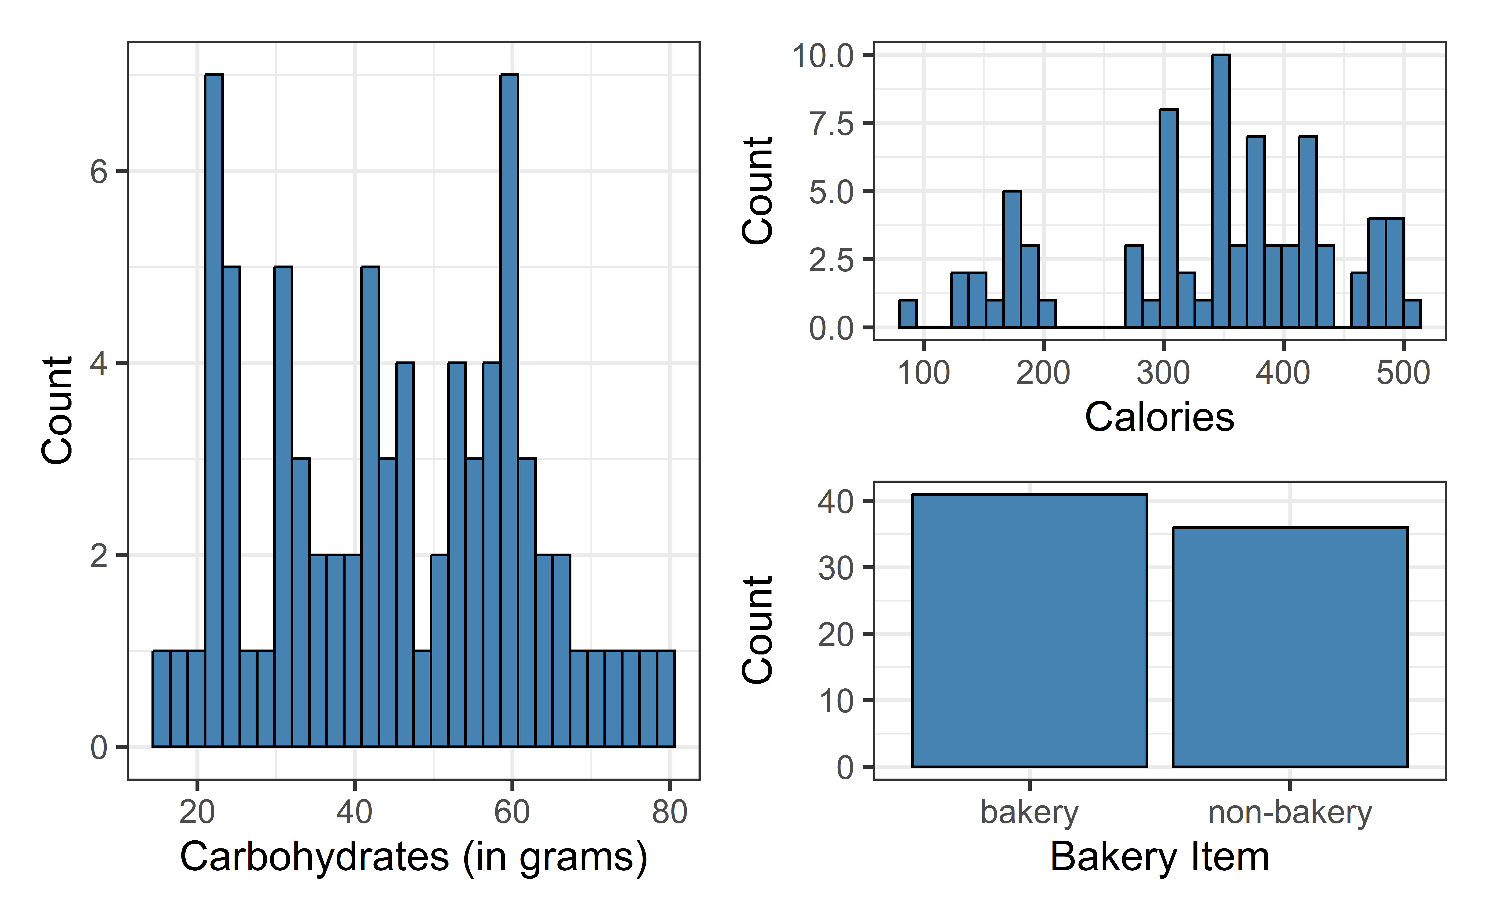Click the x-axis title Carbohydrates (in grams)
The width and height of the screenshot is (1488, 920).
(414, 857)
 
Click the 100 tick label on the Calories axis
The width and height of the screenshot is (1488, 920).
(923, 372)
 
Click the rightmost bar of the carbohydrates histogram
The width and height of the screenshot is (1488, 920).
(666, 699)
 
